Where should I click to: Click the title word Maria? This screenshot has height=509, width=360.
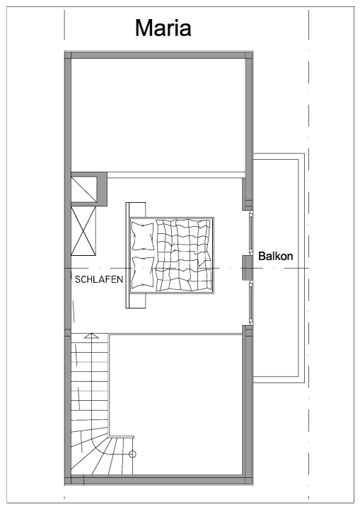(x=163, y=28)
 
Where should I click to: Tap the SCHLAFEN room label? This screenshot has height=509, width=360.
(x=98, y=280)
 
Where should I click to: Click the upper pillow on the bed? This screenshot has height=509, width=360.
(x=142, y=236)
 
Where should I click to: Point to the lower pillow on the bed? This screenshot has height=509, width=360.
(x=143, y=272)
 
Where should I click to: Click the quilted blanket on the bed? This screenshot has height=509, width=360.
(x=184, y=255)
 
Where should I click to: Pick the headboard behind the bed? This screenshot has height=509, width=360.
(x=128, y=255)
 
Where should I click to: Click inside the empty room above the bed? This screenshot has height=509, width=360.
(x=157, y=113)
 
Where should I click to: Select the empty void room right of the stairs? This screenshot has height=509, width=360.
(x=177, y=403)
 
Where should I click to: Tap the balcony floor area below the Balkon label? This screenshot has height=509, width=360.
(x=277, y=318)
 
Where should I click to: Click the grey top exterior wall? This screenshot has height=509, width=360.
(x=159, y=54)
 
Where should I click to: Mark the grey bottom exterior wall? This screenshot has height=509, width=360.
(x=159, y=480)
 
